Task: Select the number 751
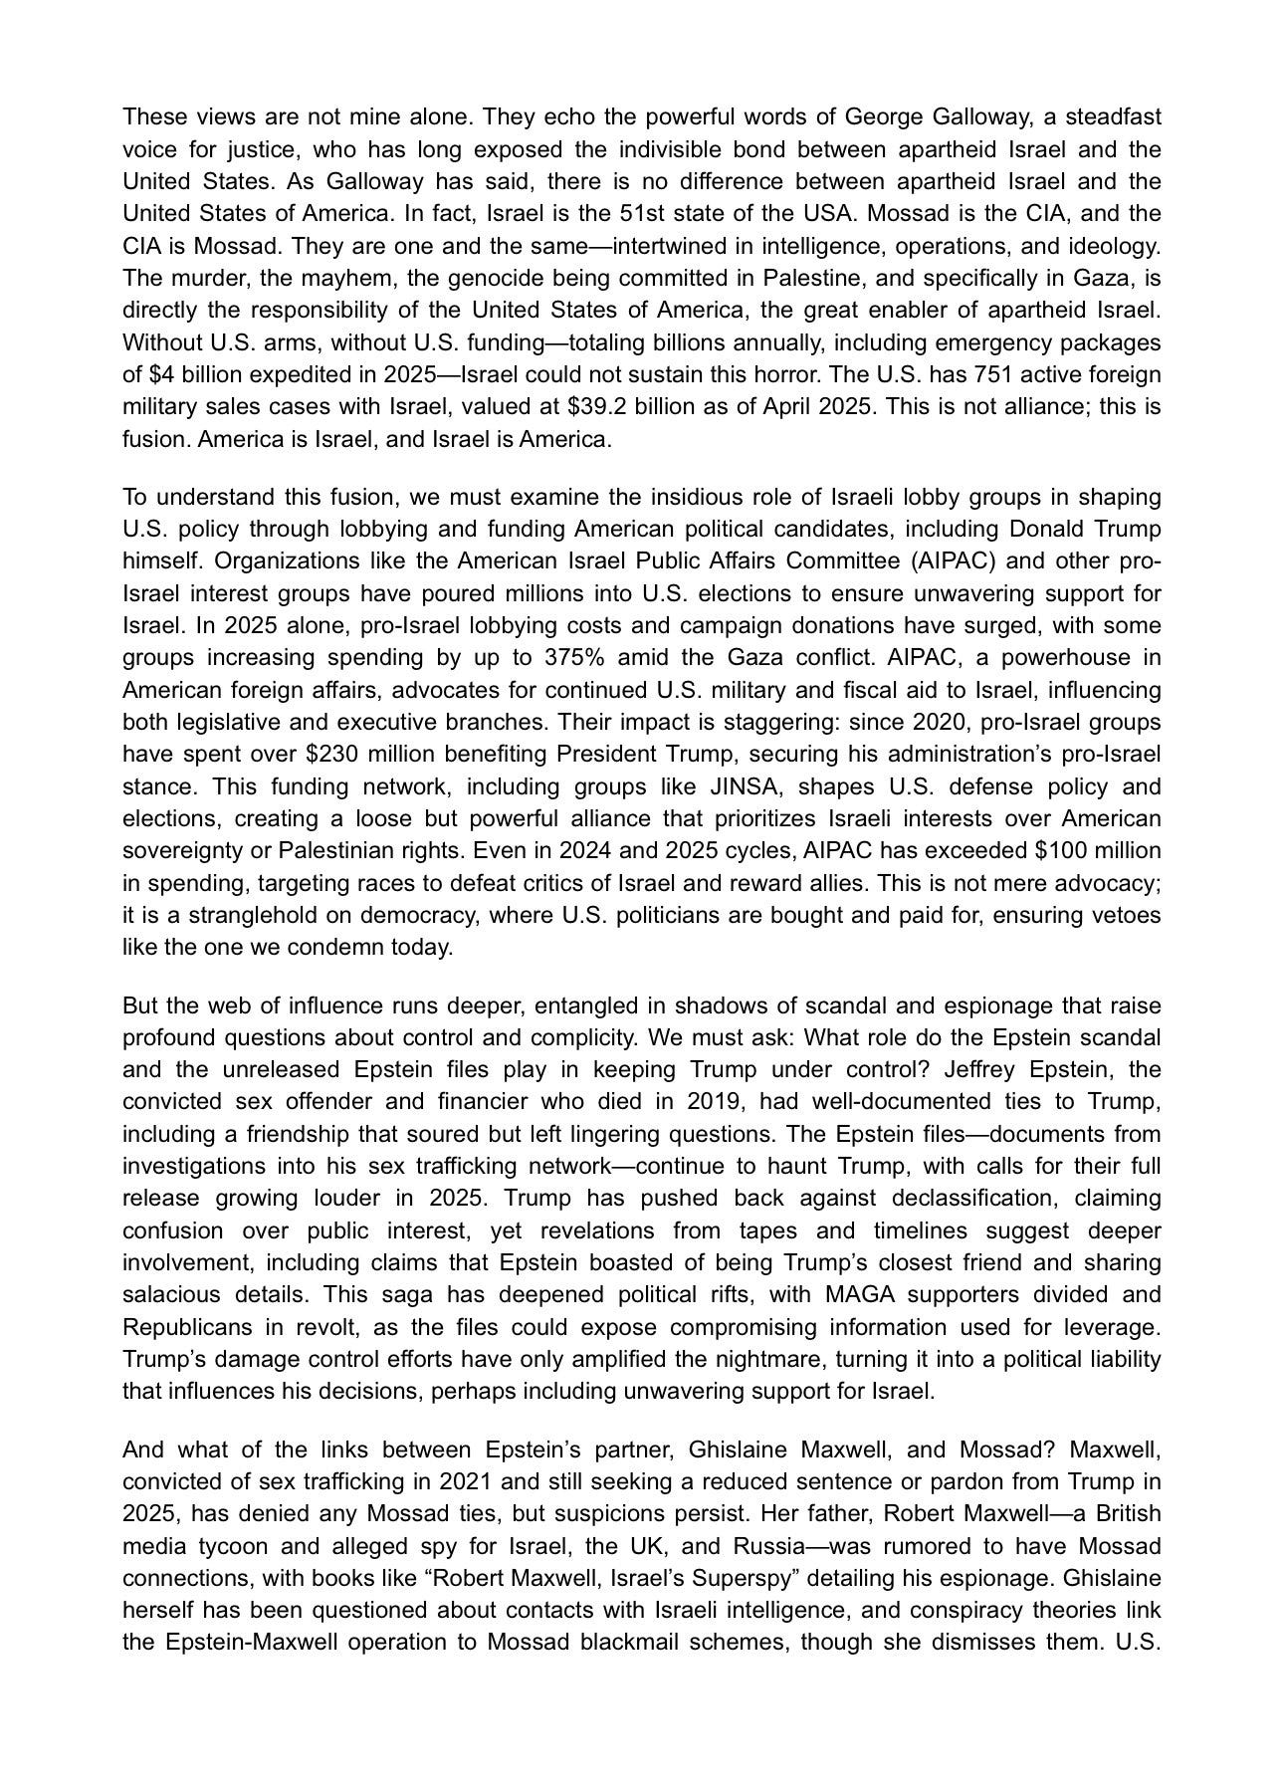1007,375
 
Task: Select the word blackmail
622,1643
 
